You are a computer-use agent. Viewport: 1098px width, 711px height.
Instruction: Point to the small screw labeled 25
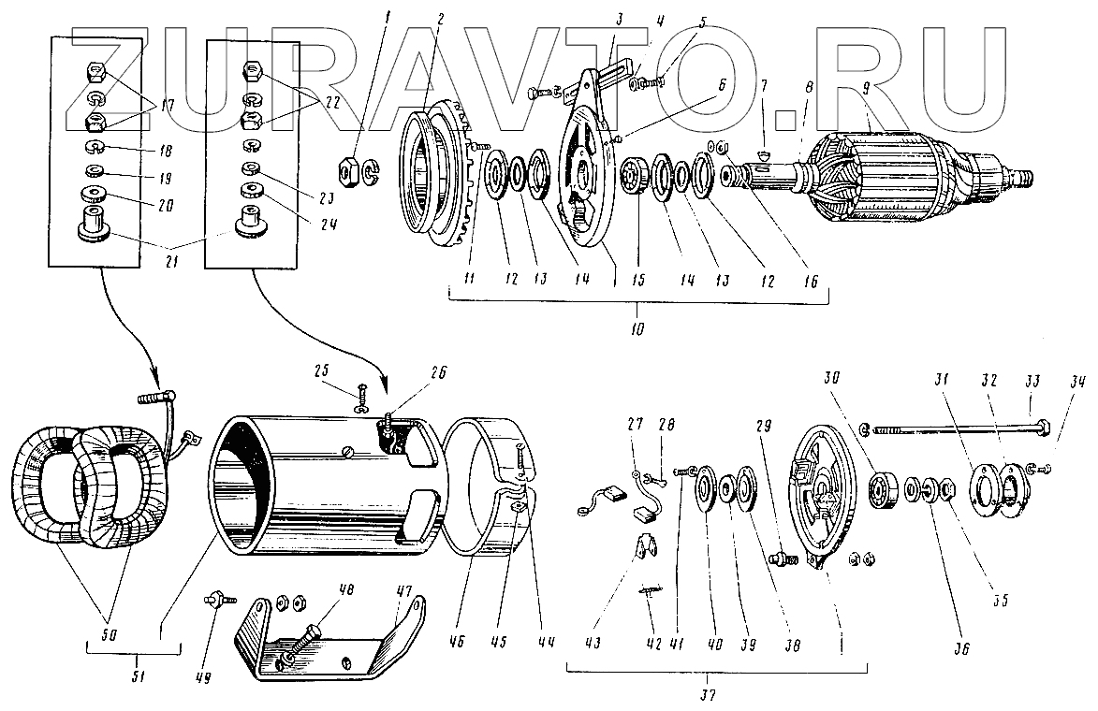(x=361, y=391)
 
